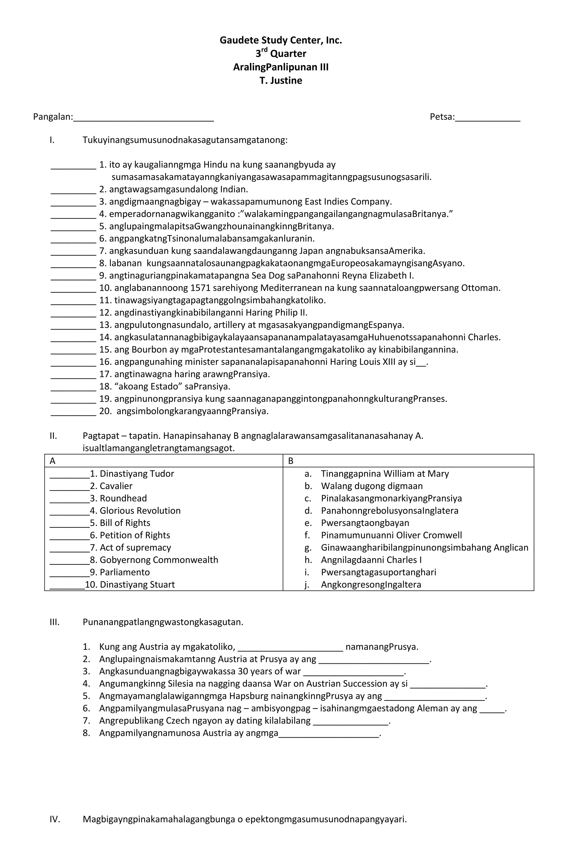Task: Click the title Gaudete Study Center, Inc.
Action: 281,40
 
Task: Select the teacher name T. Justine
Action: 281,80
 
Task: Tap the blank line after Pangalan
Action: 144,119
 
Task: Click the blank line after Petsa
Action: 487,119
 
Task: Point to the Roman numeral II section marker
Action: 54,436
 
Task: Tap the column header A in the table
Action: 53,461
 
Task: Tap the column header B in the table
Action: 291,461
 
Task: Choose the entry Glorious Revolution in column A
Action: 140,511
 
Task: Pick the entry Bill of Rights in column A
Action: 125,523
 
